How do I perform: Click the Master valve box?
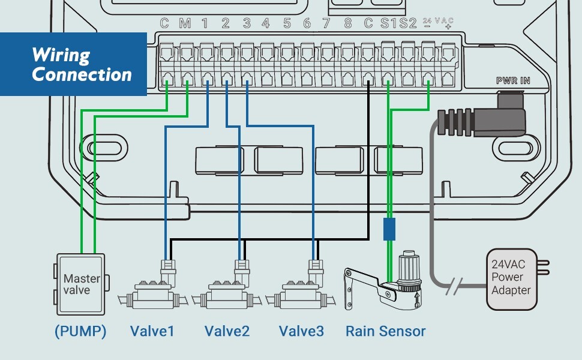[x=80, y=284]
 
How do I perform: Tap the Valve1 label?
[x=152, y=331]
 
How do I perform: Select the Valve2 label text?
[x=227, y=331]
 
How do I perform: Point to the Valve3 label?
[x=301, y=331]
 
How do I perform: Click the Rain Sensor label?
[x=385, y=331]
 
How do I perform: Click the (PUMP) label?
[x=80, y=331]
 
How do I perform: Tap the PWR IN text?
[x=513, y=80]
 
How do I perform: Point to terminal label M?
[x=185, y=24]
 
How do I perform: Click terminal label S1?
[x=388, y=24]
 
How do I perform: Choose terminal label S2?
[x=408, y=24]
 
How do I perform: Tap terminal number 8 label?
[x=348, y=24]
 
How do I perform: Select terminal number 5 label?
[x=287, y=24]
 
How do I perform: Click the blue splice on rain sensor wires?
[x=389, y=229]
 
